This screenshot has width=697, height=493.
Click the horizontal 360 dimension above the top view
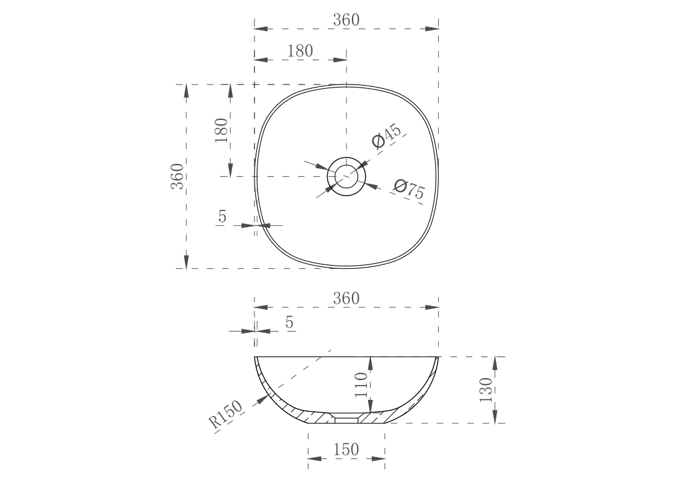coord(346,20)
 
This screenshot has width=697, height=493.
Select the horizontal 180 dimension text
coord(300,51)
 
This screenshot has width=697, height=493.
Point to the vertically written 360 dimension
coord(178,176)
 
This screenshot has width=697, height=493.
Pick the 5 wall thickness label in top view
coord(222,216)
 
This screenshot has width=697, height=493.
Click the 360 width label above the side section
coord(346,299)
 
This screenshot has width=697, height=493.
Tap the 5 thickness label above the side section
coord(289,322)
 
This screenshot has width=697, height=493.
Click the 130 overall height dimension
coord(486,390)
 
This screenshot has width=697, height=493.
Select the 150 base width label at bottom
coord(346,450)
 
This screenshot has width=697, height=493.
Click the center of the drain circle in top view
coord(346,176)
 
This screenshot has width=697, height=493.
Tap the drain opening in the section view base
coord(346,420)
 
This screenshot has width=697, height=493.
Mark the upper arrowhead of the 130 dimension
coord(495,363)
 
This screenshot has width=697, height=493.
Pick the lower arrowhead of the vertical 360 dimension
coord(186,262)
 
